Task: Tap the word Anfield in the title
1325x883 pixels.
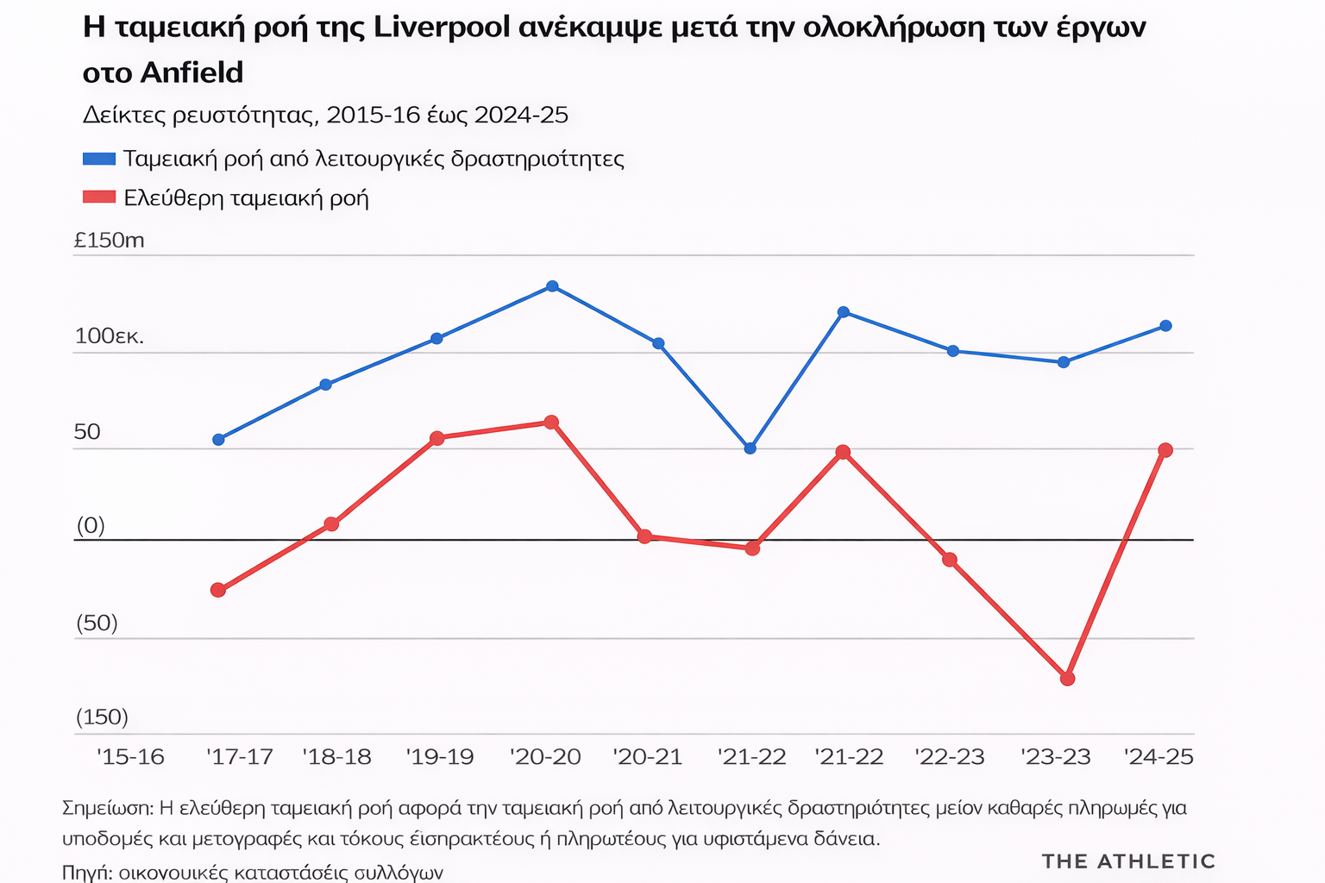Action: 192,72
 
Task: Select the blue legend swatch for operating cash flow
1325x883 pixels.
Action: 99,159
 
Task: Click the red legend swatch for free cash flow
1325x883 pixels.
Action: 99,197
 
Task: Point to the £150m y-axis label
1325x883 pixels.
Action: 110,241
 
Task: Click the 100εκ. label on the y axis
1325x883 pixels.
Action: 110,336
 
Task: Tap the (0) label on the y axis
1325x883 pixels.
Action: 91,525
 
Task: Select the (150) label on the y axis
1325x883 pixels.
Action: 102,717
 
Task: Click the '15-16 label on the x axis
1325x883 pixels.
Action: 130,757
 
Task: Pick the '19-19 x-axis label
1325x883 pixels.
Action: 440,757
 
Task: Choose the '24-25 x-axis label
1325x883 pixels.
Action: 1159,757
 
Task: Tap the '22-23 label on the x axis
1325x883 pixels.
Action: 950,757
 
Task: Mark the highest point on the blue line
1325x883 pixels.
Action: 552,286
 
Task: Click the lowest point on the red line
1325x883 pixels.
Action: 1067,679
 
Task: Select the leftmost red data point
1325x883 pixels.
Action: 218,590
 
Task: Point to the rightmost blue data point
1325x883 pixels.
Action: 1165,326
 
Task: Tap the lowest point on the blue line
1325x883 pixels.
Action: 750,448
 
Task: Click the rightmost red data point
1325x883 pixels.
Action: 1165,450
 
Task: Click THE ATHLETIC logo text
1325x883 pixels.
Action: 1128,861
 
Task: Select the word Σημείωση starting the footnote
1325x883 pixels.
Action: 108,808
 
